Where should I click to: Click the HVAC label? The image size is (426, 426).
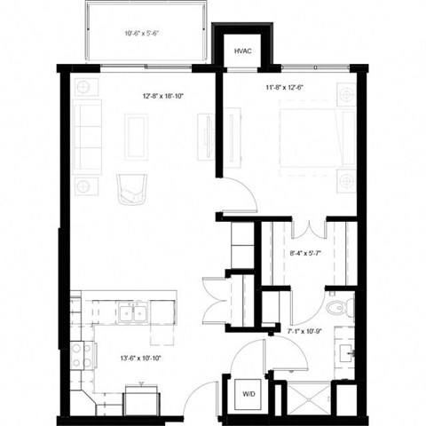pyautogui.click(x=242, y=52)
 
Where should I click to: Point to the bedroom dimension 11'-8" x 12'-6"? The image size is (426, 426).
pyautogui.click(x=285, y=88)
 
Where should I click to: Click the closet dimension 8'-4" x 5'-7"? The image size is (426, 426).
pyautogui.click(x=305, y=255)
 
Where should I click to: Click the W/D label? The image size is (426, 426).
pyautogui.click(x=249, y=392)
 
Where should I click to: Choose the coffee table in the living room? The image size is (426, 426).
pyautogui.click(x=136, y=137)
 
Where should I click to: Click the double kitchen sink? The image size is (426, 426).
pyautogui.click(x=135, y=312)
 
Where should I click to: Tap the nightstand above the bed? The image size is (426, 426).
pyautogui.click(x=347, y=92)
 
